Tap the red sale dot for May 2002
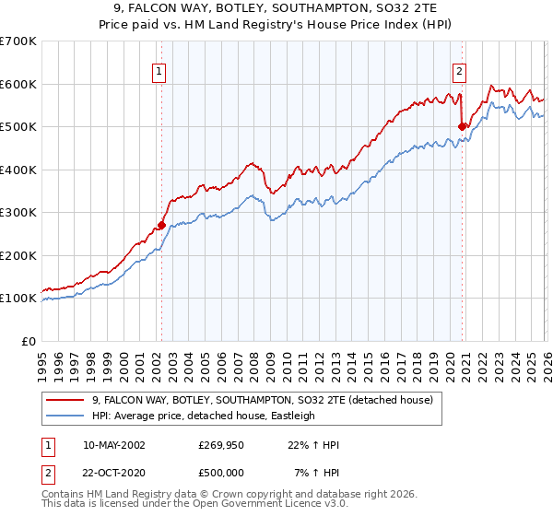tap(161, 225)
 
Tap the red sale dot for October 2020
tap(462, 126)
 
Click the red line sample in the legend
tap(66, 401)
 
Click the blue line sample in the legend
tap(66, 416)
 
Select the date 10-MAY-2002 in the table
tap(114, 445)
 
